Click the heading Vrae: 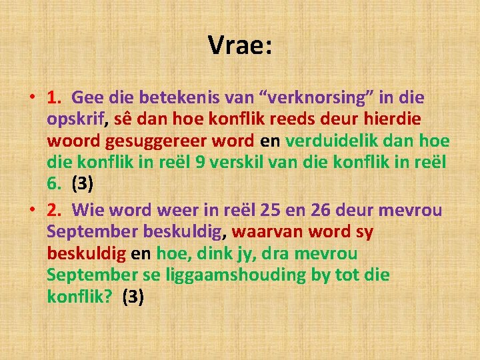[x=240, y=45]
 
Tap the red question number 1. [x=55, y=98]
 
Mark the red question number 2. [x=55, y=210]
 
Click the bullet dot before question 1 [x=33, y=99]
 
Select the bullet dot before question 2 [x=33, y=211]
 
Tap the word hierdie [x=392, y=120]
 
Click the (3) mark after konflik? [x=133, y=297]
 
